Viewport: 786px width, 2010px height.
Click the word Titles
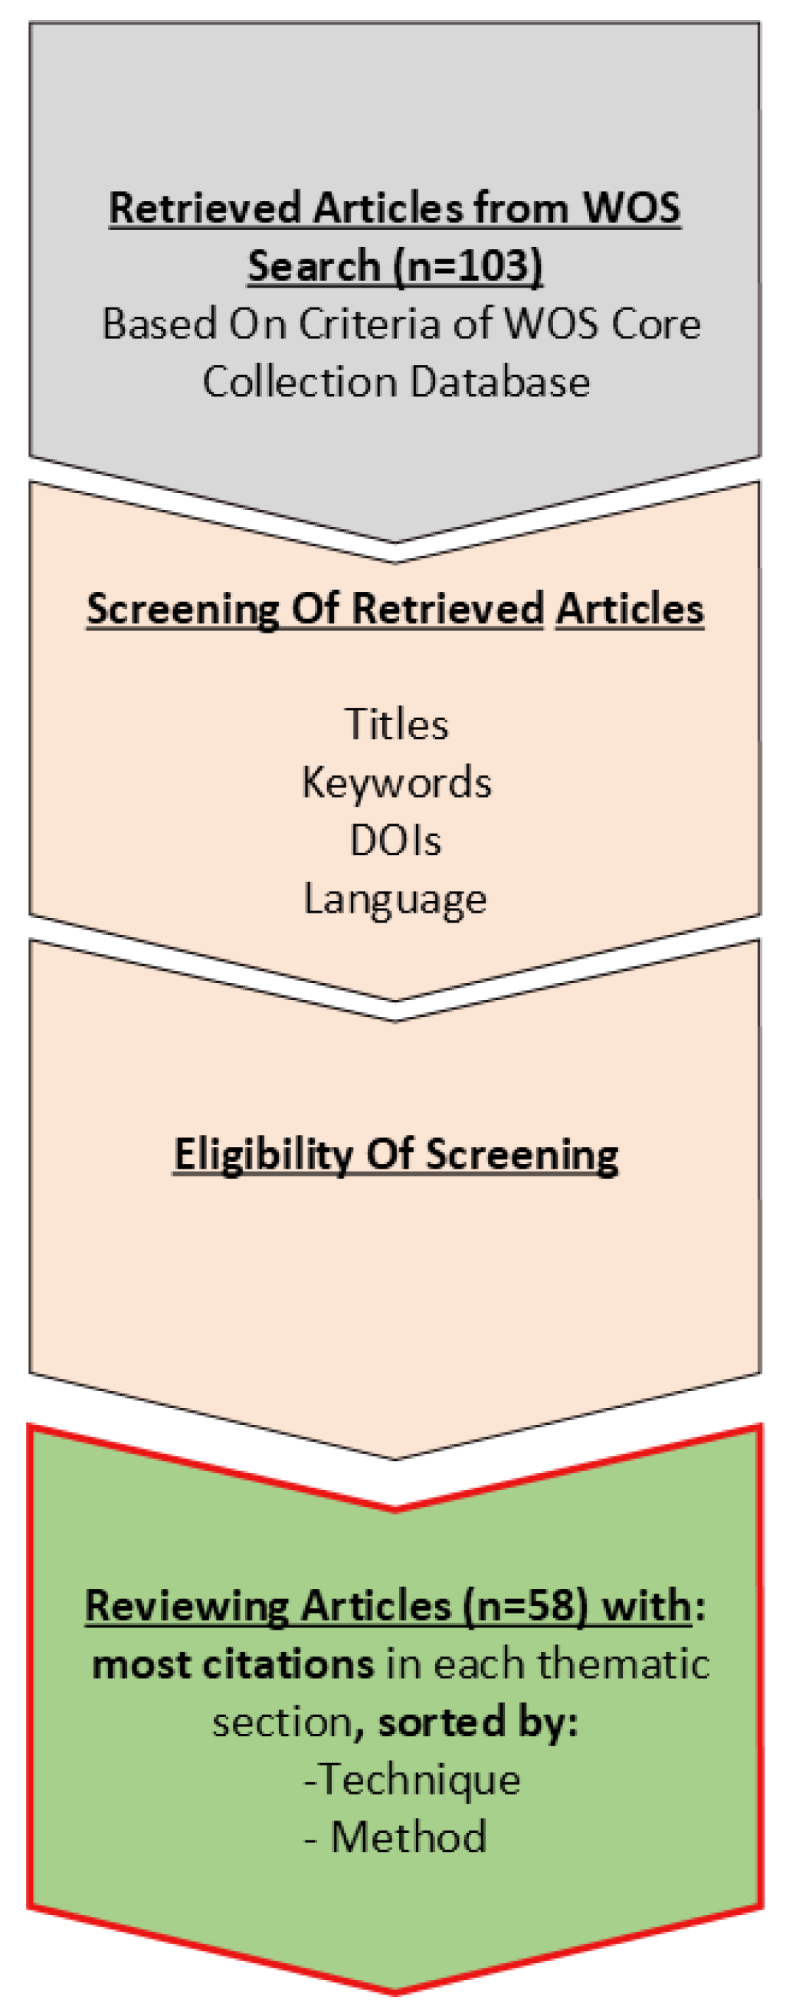pos(396,724)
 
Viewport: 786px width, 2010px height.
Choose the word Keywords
pos(396,783)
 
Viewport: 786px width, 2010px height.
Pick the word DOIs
pos(395,841)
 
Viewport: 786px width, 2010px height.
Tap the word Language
pos(395,899)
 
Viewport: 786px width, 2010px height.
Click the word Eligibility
pos(263,1154)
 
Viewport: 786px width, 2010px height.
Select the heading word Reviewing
pos(186,1606)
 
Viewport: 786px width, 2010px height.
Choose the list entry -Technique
pos(412,1780)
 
